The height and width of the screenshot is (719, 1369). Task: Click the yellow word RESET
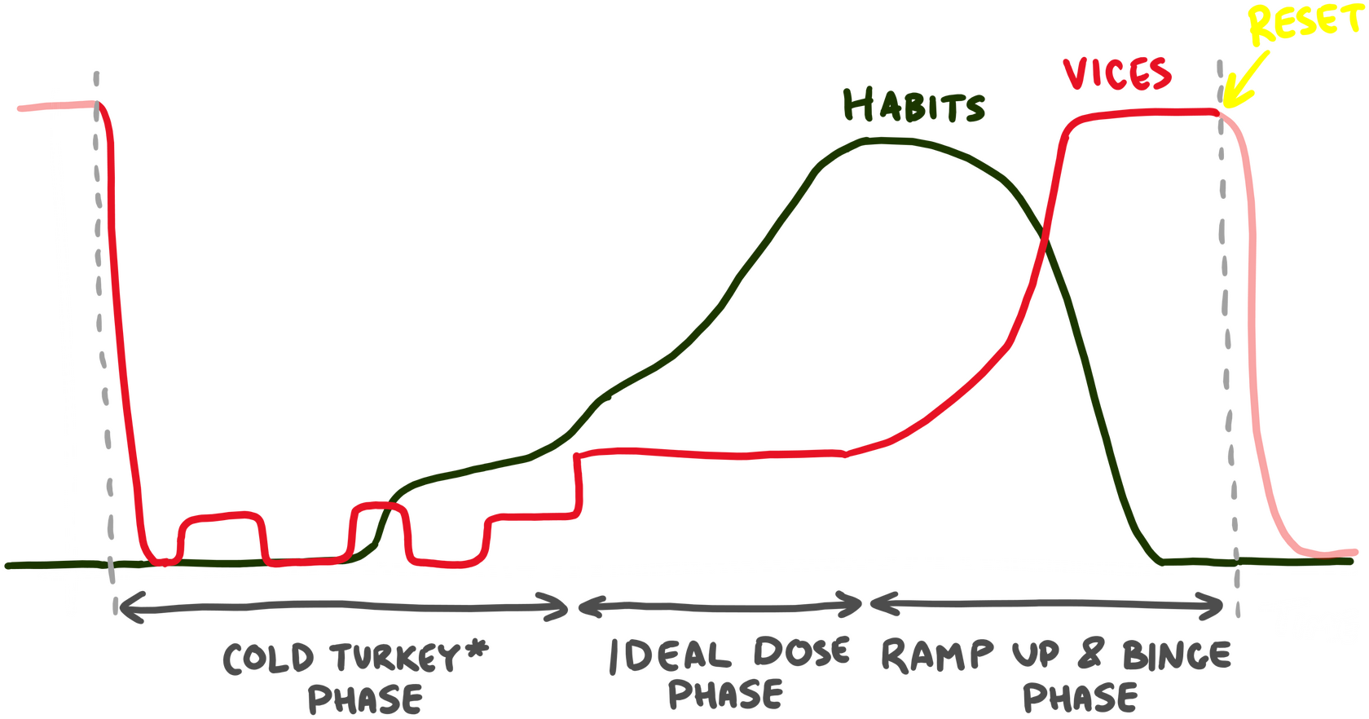click(1304, 23)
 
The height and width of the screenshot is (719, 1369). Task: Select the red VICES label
click(1117, 73)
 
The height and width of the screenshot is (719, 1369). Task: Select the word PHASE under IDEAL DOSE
click(725, 694)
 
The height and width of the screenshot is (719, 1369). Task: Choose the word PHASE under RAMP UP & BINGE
click(1080, 697)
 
